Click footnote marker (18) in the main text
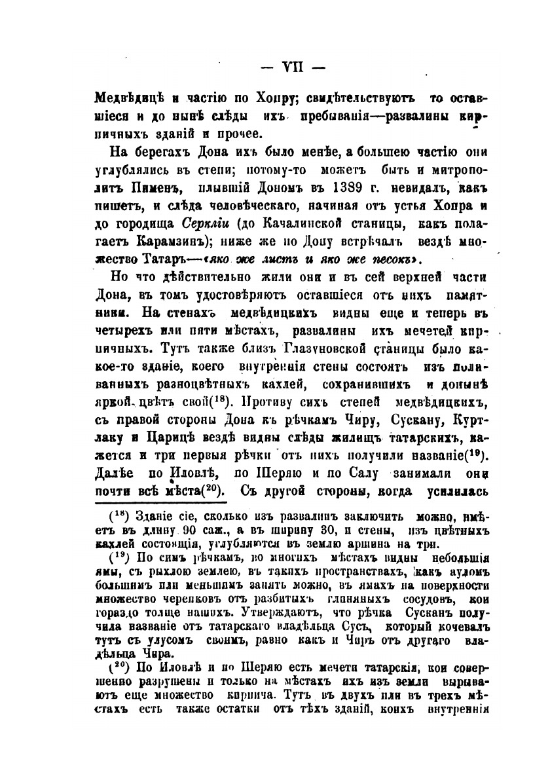(x=219, y=399)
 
